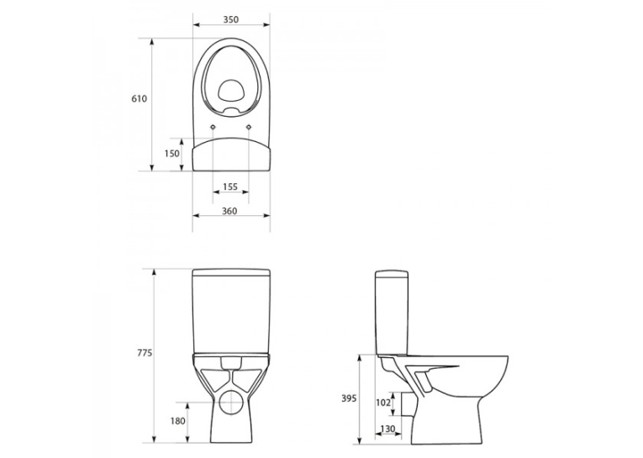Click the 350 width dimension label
(231, 19)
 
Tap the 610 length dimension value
(139, 99)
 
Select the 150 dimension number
(171, 153)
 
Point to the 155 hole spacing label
(230, 187)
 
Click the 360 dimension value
(229, 211)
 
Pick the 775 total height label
(145, 353)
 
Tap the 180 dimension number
(178, 421)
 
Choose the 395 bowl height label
(349, 398)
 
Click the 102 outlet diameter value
(382, 403)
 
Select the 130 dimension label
(388, 429)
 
